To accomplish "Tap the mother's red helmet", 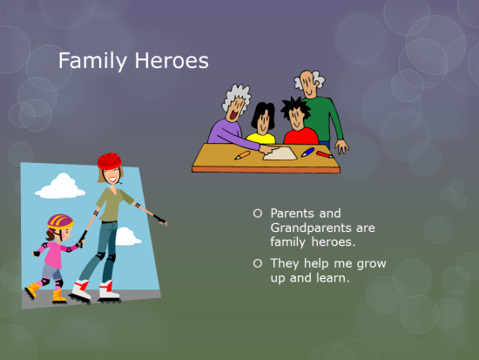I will pyautogui.click(x=109, y=161).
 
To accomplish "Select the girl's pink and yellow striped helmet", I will pyautogui.click(x=60, y=222).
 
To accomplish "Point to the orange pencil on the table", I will pyautogui.click(x=242, y=155).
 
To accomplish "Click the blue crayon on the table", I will pyautogui.click(x=307, y=152).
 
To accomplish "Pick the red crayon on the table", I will pyautogui.click(x=323, y=154).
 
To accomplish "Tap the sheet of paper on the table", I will pyautogui.click(x=280, y=153).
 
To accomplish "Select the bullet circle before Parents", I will pyautogui.click(x=257, y=213).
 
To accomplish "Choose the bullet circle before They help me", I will pyautogui.click(x=257, y=263).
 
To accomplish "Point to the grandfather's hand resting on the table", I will pyautogui.click(x=342, y=148).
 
